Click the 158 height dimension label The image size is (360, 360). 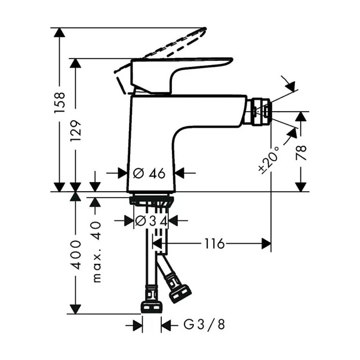pyautogui.click(x=60, y=103)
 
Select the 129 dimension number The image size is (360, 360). pyautogui.click(x=76, y=130)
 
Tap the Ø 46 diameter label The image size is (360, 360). pyautogui.click(x=149, y=173)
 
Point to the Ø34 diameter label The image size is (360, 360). pyautogui.click(x=151, y=221)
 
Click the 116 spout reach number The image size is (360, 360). pyautogui.click(x=214, y=244)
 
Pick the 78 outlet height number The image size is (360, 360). pyautogui.click(x=301, y=152)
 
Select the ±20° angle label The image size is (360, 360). pyautogui.click(x=269, y=159)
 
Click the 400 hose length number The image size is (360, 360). pyautogui.click(x=76, y=254)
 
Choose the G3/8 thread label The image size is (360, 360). pyautogui.click(x=204, y=325)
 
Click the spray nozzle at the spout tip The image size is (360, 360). pyautogui.click(x=261, y=112)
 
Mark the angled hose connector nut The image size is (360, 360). pyautogui.click(x=180, y=293)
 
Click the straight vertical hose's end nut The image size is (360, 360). pyautogui.click(x=152, y=307)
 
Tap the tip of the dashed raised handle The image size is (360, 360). pyautogui.click(x=204, y=29)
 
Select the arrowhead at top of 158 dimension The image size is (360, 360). pyautogui.click(x=60, y=32)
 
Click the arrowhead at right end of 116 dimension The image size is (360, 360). pyautogui.click(x=266, y=244)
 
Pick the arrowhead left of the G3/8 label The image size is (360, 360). pyautogui.click(x=137, y=325)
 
